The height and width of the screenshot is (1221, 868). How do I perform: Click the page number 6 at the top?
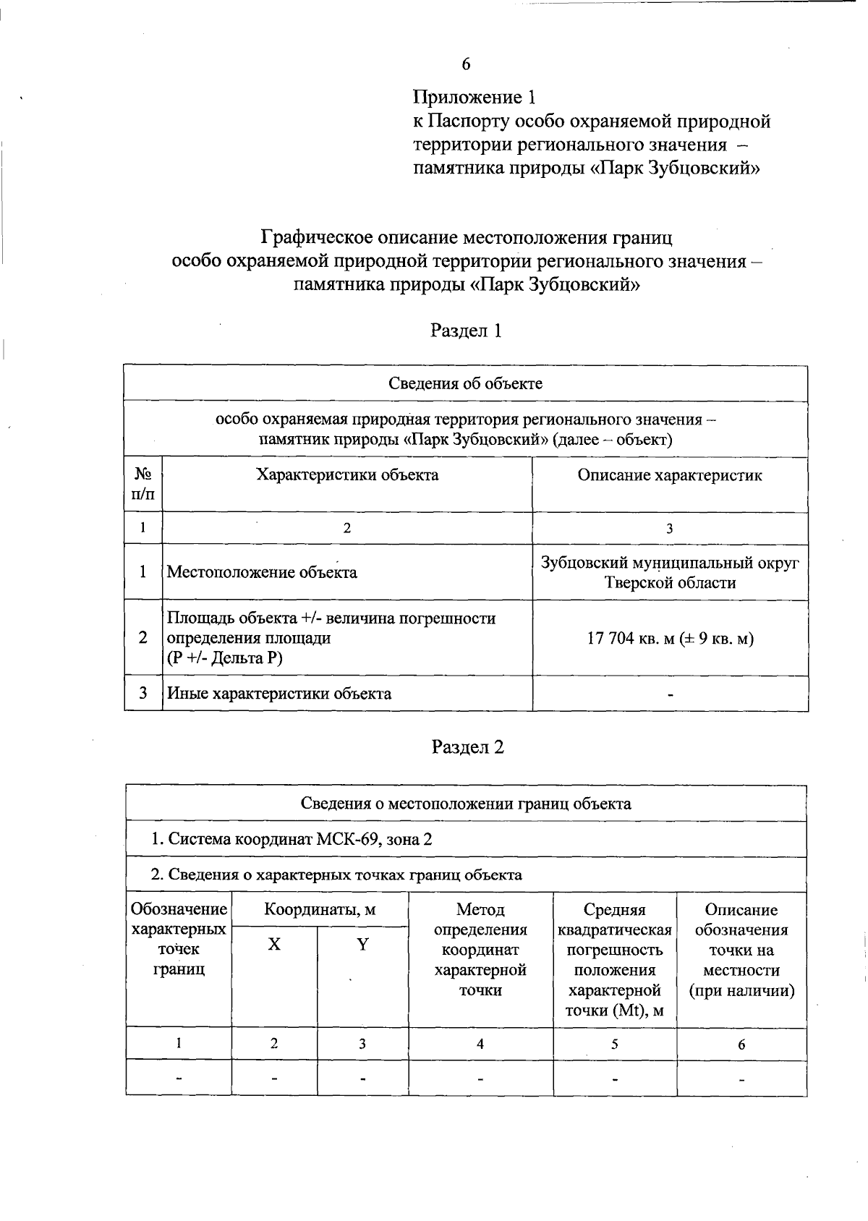click(x=466, y=64)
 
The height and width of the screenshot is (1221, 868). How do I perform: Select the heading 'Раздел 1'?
click(x=466, y=331)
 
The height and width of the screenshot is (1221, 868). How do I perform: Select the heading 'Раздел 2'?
click(x=467, y=746)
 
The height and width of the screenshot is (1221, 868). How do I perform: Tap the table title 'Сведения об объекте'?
click(x=466, y=383)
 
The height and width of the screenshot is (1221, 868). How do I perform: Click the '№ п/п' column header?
click(x=143, y=484)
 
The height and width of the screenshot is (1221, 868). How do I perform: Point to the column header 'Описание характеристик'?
click(x=669, y=475)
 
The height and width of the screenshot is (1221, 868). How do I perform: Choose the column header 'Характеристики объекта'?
click(x=347, y=475)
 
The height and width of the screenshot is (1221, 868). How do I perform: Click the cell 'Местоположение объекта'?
click(x=262, y=572)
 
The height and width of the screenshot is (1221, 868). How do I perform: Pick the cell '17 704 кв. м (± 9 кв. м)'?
click(x=671, y=638)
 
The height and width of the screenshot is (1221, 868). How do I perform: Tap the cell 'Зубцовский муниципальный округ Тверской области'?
click(x=671, y=572)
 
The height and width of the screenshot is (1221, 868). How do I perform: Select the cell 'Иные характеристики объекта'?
click(x=279, y=694)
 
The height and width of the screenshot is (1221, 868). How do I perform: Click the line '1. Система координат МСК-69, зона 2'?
click(x=292, y=839)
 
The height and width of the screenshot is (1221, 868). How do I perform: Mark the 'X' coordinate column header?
click(x=274, y=945)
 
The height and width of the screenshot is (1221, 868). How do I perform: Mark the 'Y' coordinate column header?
click(x=362, y=945)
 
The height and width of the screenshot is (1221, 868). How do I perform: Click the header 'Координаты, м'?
click(x=320, y=910)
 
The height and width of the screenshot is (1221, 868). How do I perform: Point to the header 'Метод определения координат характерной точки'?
click(x=480, y=949)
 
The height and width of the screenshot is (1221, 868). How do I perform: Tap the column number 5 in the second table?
click(x=614, y=1044)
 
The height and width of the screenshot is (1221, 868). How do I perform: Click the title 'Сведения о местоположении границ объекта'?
click(x=466, y=804)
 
